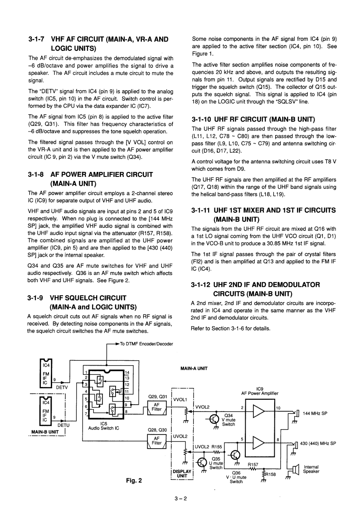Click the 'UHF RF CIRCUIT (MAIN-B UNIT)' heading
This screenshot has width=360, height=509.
[x=253, y=120]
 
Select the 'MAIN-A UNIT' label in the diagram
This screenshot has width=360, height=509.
[x=194, y=368]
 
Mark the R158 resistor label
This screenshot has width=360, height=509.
[x=271, y=475]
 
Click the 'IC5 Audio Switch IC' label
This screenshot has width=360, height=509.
[x=103, y=426]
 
